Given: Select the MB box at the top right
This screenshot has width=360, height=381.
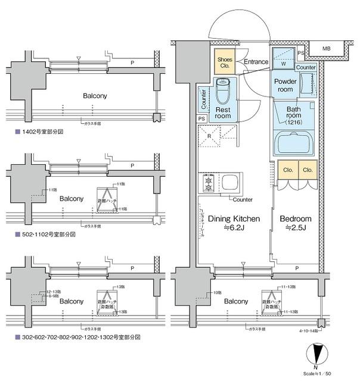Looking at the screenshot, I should click(x=327, y=48).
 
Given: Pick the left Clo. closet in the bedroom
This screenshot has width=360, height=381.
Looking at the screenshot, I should click(x=286, y=170).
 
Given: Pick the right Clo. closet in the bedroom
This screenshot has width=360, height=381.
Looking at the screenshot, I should click(x=308, y=170).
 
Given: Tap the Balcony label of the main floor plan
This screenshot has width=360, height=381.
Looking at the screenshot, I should click(x=237, y=301).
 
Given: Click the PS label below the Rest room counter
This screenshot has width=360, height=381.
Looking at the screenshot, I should click(x=201, y=118).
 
